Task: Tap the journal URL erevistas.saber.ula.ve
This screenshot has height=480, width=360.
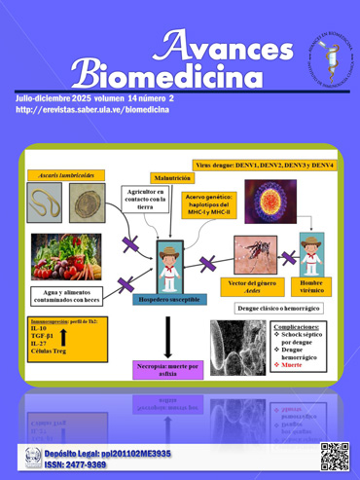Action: pyautogui.click(x=93, y=110)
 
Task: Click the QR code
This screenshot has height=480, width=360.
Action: pyautogui.click(x=334, y=454)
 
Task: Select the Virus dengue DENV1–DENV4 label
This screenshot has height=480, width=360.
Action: pyautogui.click(x=264, y=166)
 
